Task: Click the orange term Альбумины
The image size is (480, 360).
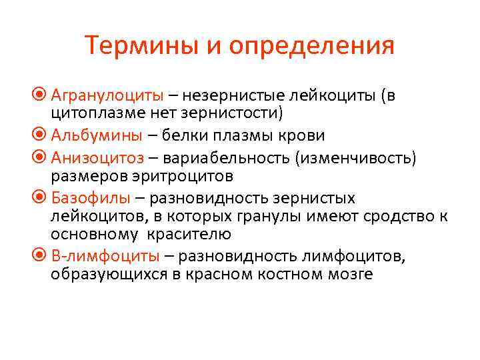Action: (96, 136)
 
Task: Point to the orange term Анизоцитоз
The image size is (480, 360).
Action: (97, 159)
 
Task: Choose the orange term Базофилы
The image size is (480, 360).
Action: (90, 198)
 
